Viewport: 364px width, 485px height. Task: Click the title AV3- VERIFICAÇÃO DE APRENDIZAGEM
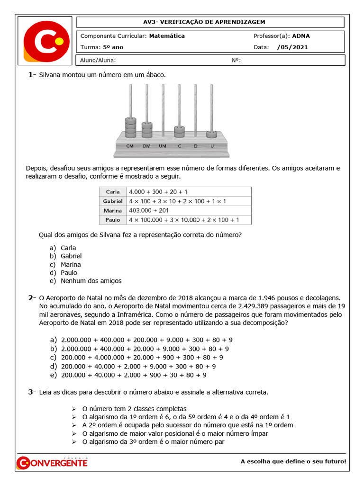point(210,22)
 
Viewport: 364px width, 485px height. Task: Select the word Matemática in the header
point(167,36)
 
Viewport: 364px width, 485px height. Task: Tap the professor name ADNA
point(301,36)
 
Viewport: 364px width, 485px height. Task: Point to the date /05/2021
point(292,47)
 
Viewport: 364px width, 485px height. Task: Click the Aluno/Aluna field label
point(98,60)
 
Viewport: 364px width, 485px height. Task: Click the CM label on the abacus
point(130,146)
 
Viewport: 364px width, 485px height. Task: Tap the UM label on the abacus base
point(163,146)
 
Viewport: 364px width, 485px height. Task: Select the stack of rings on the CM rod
point(131,126)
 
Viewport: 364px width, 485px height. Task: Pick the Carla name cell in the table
point(113,192)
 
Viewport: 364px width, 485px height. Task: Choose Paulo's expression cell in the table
point(184,220)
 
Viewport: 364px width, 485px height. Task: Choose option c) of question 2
point(137,358)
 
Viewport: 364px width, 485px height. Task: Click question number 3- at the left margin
point(32,392)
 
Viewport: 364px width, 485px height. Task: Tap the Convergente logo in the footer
point(52,462)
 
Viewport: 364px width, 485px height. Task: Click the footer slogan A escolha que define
point(293,461)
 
